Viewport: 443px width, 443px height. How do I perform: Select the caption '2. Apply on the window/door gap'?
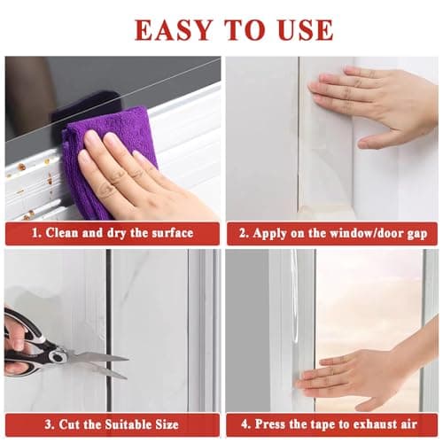(332, 234)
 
